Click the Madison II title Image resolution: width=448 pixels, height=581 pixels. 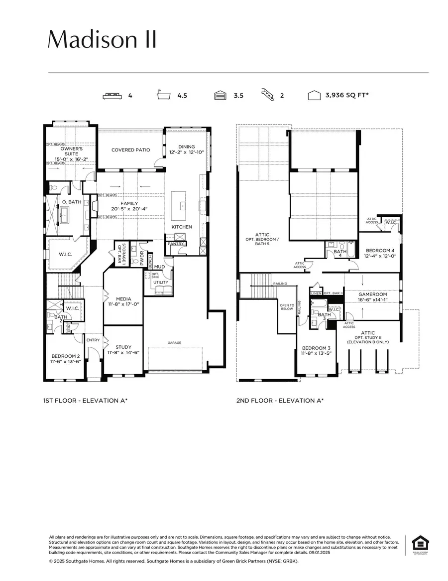tap(102, 39)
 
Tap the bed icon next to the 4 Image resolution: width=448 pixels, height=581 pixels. tap(112, 96)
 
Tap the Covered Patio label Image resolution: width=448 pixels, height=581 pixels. tap(130, 149)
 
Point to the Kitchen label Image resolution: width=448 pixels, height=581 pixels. tap(182, 227)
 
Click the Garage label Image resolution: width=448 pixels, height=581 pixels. tap(174, 343)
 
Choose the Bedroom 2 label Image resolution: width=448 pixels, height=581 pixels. tap(65, 356)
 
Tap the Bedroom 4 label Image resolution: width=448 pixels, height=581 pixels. tap(380, 250)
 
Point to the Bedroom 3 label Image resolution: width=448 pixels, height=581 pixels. tap(316, 348)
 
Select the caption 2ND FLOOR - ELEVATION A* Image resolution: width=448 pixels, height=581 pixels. tap(280, 400)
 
